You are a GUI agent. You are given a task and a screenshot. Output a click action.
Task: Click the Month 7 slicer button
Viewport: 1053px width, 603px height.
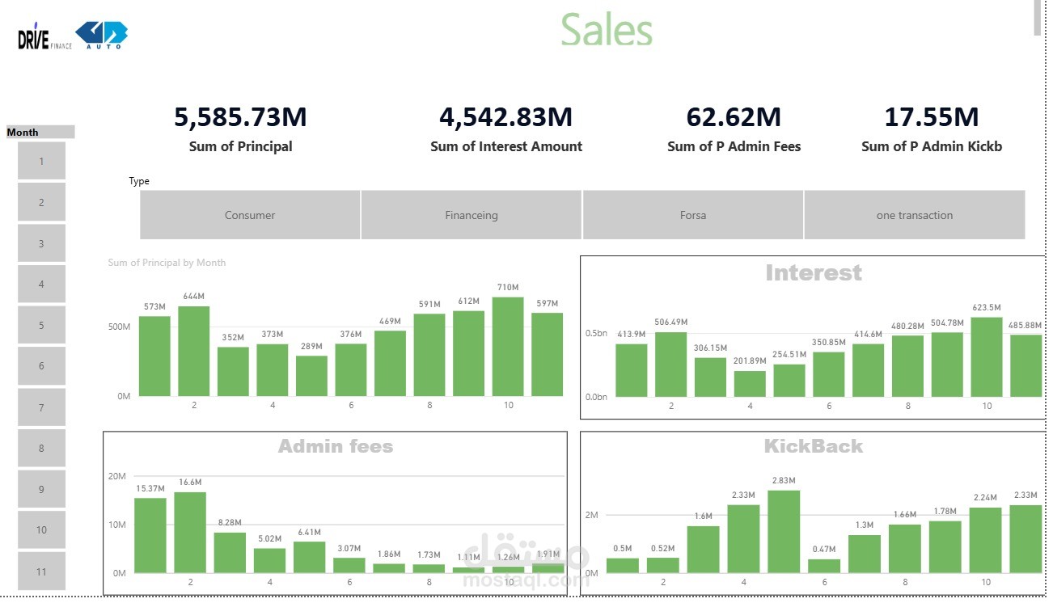(41, 407)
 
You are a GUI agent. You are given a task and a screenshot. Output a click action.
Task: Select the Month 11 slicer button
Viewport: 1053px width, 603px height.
(41, 571)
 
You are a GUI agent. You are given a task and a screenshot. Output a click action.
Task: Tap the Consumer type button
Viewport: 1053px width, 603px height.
(250, 215)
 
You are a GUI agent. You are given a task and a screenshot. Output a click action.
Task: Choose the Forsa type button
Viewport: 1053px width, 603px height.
(693, 215)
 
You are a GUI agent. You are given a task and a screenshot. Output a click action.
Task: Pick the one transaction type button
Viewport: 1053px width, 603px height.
(915, 215)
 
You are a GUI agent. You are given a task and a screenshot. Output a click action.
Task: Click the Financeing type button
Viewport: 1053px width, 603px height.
(471, 215)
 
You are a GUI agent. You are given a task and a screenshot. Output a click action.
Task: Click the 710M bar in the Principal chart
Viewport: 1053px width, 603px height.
(508, 347)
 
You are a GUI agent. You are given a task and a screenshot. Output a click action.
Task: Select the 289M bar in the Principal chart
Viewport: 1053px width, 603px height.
(311, 376)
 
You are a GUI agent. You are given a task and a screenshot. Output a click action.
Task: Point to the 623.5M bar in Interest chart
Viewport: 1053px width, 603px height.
(986, 357)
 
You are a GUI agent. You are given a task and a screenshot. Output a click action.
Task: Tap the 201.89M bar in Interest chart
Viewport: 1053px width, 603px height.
(750, 384)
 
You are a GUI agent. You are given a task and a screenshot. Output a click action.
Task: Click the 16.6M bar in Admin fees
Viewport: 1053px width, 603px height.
(190, 533)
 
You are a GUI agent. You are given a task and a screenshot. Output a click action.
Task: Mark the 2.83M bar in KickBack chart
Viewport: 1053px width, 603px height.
(784, 532)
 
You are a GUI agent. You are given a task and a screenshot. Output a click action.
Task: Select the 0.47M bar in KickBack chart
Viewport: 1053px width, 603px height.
(824, 566)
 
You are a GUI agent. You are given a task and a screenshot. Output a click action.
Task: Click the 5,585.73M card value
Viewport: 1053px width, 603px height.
(240, 117)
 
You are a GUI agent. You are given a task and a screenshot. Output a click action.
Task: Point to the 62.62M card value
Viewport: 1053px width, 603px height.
(734, 117)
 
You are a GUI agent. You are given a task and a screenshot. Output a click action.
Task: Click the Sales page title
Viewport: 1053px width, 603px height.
(607, 29)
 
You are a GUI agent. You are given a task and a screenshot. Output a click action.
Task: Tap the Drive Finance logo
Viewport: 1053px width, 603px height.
(44, 36)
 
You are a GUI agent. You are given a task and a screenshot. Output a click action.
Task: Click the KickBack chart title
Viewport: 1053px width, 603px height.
(814, 446)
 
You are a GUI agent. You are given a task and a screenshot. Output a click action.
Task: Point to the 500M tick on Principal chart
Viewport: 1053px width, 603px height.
(119, 327)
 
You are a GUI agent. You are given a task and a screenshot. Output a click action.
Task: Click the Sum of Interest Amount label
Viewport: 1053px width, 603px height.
(506, 146)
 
